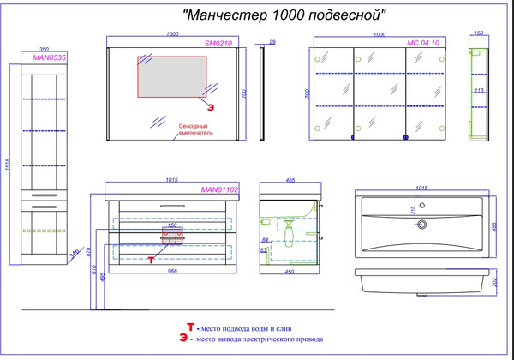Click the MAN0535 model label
click(49, 57)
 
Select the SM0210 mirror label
click(218, 42)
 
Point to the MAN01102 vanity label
click(218, 189)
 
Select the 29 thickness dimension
click(272, 42)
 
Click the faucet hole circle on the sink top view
click(420, 225)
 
